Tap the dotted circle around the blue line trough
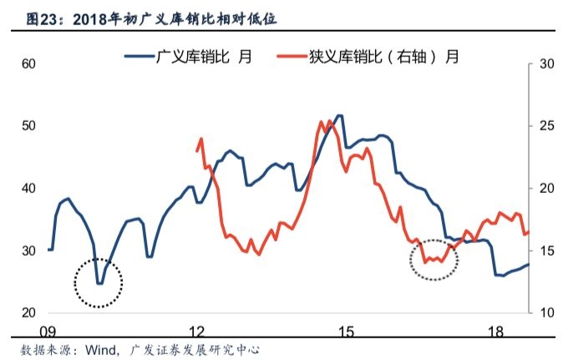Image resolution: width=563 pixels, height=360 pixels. (99, 282)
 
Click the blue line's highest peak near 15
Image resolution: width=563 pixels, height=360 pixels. (339, 116)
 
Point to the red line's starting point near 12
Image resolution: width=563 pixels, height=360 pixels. (197, 150)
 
